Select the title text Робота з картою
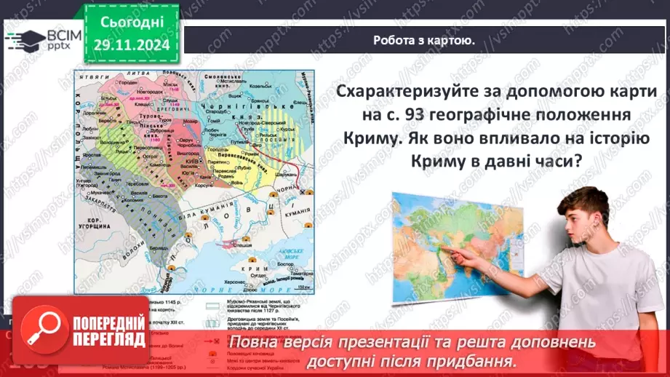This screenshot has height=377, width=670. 425,41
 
